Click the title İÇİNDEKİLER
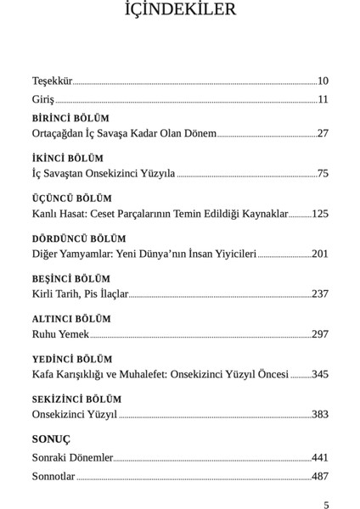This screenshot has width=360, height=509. pos(180,11)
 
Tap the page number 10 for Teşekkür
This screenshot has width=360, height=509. pos(323,81)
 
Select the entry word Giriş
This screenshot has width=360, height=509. pos(43,100)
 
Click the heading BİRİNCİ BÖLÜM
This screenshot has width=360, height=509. pos(70,119)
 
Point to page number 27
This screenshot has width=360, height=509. pos(323,133)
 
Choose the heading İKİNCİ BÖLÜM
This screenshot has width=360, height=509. pos(68,159)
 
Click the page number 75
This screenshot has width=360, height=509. pos(323,173)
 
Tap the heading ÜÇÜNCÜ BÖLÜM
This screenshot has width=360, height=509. pos(72,199)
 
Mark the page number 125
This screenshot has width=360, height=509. pos(320,214)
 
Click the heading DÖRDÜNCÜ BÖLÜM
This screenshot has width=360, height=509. pos(79,239)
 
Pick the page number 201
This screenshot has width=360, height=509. pos(320,254)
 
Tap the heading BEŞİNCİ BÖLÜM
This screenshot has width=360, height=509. pos(71,279)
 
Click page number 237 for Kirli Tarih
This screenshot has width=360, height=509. pos(320,294)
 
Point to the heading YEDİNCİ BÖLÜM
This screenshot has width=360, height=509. pos(72,359)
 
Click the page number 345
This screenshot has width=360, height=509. pos(320,374)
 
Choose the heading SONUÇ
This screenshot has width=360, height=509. pos(51,439)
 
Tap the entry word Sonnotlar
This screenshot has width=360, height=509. pos(53,477)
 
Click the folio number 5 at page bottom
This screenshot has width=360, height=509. pos(326,505)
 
